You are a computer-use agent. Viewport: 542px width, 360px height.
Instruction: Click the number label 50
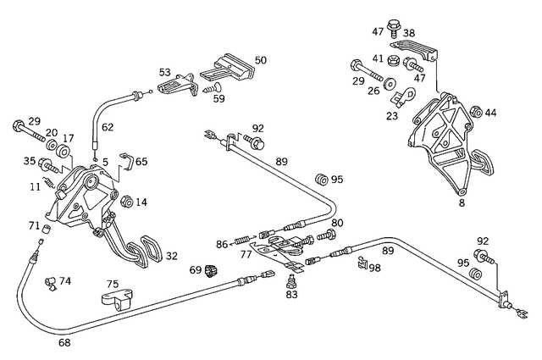point(261,60)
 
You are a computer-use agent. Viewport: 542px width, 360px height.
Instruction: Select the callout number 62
point(107,128)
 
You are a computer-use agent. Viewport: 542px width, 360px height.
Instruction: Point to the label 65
point(141,160)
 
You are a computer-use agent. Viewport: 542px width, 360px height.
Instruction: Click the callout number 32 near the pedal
point(171,254)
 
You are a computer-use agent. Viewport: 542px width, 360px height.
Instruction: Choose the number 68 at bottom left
point(64,343)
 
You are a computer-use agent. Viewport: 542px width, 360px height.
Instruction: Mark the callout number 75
point(112,285)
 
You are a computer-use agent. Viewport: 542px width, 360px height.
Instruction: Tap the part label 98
point(374,268)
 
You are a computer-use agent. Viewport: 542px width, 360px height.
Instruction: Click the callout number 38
point(409,34)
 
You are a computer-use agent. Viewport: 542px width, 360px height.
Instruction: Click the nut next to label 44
point(475,111)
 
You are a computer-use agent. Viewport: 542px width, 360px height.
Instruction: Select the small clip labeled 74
point(50,281)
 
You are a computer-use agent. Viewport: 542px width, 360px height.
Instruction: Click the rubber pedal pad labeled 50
point(230,67)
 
